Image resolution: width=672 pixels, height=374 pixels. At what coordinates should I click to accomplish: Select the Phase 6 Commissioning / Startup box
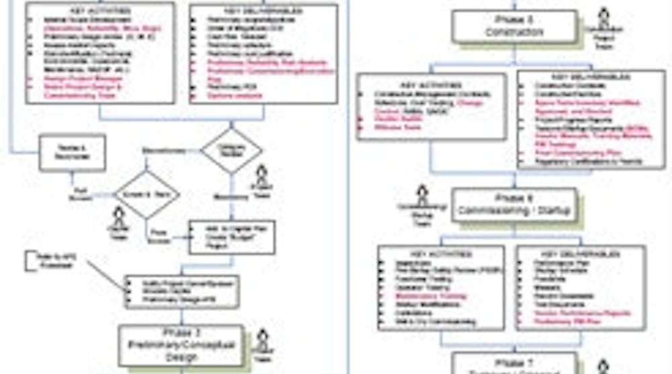tap(514, 204)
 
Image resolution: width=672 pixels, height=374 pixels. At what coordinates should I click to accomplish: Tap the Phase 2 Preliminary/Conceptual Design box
tap(181, 344)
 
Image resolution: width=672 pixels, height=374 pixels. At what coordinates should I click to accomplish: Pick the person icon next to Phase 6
tap(421, 198)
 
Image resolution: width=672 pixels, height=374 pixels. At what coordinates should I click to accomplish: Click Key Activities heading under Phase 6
tap(441, 254)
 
